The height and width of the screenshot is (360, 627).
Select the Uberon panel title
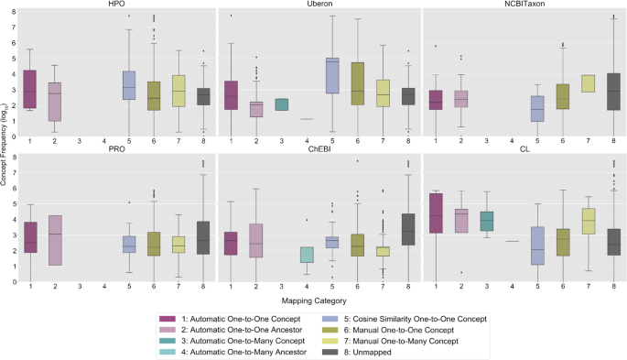point(319,5)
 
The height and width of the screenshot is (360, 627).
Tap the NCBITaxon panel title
point(522,5)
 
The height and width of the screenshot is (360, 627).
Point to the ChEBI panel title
point(319,148)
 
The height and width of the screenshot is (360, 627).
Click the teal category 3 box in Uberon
point(281,104)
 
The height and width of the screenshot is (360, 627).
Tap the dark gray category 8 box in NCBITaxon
point(611,92)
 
